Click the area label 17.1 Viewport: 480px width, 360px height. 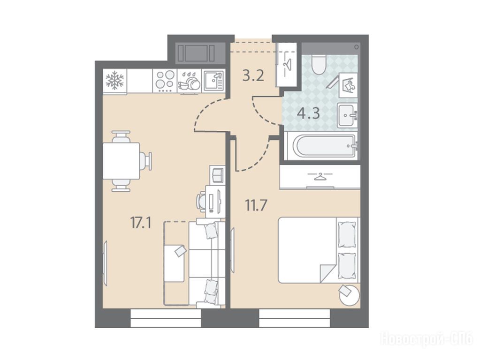(141, 223)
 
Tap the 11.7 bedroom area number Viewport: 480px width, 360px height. (256, 205)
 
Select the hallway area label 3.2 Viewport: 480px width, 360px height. (253, 75)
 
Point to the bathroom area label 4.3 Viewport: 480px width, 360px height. (309, 113)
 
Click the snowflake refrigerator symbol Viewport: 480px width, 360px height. (115, 81)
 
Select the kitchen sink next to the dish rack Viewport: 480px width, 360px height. (213, 81)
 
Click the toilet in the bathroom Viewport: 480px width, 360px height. (319, 64)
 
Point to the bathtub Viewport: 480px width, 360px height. (320, 146)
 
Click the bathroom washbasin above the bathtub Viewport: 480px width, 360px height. (348, 115)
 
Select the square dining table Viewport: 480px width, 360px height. (121, 161)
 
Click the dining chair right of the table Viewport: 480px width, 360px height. (146, 161)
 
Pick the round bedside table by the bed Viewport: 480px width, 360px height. (349, 294)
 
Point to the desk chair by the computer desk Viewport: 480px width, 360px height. (201, 201)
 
